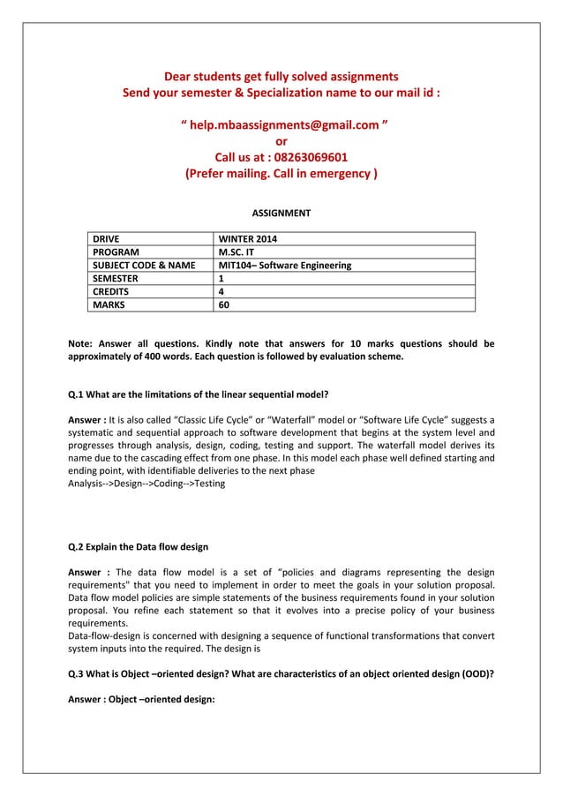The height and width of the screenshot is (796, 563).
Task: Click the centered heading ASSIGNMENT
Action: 281,214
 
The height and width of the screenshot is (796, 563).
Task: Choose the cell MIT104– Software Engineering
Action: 285,265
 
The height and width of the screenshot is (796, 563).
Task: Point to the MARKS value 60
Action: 224,305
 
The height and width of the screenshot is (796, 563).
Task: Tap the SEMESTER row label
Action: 116,279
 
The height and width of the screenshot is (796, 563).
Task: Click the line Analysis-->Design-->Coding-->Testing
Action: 146,484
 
